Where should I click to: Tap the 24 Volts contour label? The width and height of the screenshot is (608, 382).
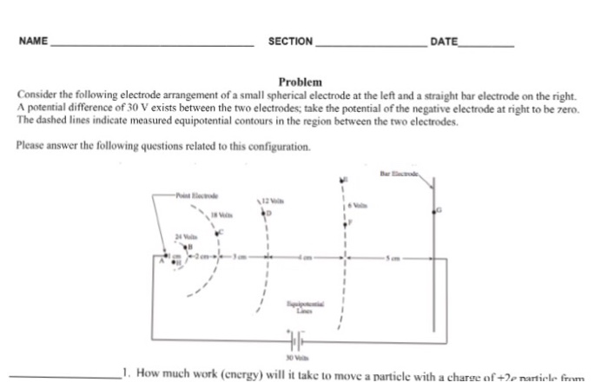186,235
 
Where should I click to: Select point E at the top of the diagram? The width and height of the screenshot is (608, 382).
344,180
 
